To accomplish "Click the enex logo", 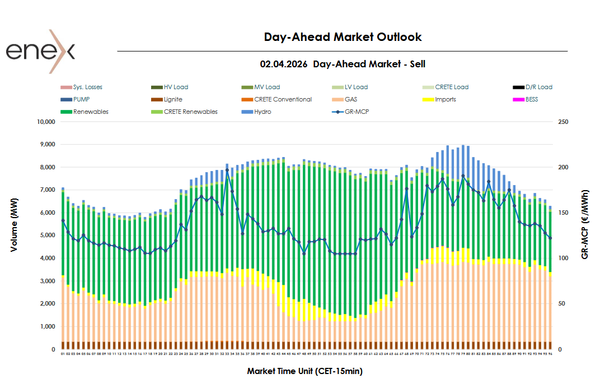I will [40, 52].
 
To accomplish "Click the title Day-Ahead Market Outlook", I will [343, 37].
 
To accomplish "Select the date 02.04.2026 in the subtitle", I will [284, 64].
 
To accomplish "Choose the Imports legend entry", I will [445, 99].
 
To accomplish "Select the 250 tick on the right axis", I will [562, 122].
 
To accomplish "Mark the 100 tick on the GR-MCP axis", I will [562, 259].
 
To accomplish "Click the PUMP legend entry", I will [81, 99].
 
